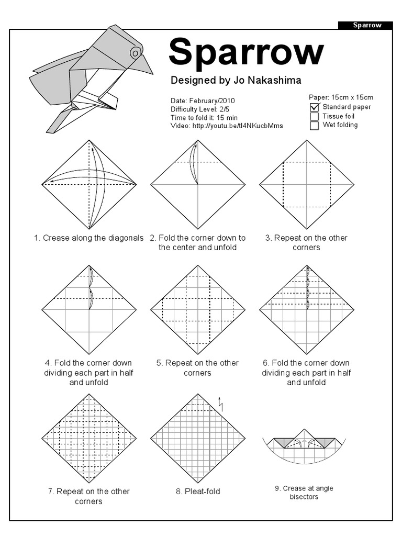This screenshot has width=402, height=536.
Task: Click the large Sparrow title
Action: pos(246,52)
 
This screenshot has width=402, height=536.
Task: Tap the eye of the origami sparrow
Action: pos(135,52)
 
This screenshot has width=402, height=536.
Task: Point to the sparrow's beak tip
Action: pos(152,73)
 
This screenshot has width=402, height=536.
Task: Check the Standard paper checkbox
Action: pos(314,107)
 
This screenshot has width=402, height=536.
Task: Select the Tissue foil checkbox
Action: pos(314,116)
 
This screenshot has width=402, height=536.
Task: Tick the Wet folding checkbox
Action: pos(314,126)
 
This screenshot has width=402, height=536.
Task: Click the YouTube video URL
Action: pos(238,126)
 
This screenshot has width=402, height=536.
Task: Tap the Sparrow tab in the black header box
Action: pos(366,25)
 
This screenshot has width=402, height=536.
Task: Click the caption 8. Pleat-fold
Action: pos(198,492)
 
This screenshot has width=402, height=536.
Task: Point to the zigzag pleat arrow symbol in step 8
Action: pos(221,403)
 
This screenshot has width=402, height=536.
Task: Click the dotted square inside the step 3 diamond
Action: pos(306,184)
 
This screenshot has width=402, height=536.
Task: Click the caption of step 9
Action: pos(304,492)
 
